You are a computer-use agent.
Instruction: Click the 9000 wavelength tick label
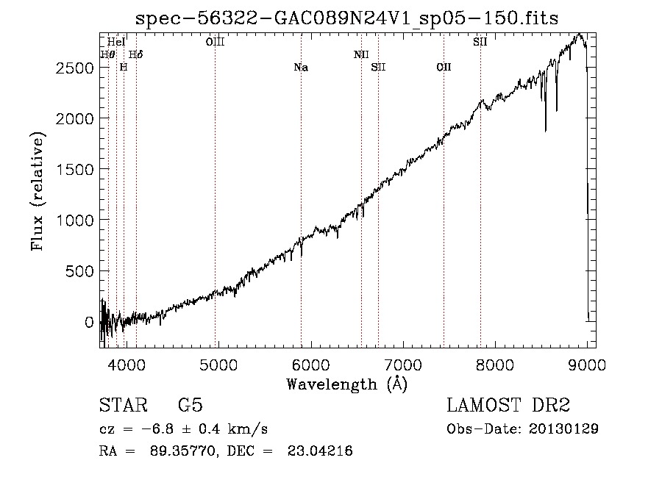pyautogui.click(x=588, y=364)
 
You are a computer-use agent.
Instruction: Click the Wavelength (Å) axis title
pyautogui.click(x=346, y=384)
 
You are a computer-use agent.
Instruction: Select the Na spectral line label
pyautogui.click(x=301, y=68)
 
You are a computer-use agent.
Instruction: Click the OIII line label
pyautogui.click(x=215, y=43)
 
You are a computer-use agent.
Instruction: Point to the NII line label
pyautogui.click(x=361, y=54)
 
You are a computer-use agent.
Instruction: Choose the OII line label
pyautogui.click(x=444, y=68)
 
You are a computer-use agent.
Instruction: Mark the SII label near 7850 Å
pyautogui.click(x=480, y=43)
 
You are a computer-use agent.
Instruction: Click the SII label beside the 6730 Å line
pyautogui.click(x=378, y=68)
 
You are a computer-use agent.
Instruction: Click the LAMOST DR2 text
pyautogui.click(x=508, y=406)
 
